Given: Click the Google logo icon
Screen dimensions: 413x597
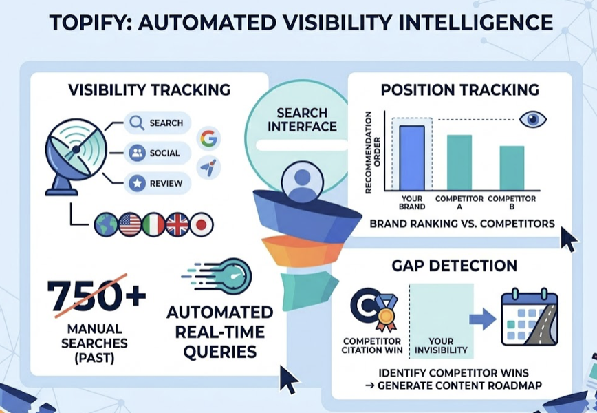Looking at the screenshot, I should click(208, 138).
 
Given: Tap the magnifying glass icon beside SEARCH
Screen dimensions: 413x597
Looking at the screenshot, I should click(137, 123).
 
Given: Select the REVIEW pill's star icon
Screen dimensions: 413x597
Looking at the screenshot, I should click(137, 183).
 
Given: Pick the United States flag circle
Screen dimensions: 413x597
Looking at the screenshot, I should click(130, 224).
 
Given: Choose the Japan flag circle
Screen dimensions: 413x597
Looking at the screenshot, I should click(202, 224).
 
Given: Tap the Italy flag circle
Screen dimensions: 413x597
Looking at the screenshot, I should click(153, 224).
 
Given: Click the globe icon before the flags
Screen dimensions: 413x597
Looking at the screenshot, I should click(106, 224).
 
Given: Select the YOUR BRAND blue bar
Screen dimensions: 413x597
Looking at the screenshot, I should click(412, 157).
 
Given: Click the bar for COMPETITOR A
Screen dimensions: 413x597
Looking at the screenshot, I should click(459, 162).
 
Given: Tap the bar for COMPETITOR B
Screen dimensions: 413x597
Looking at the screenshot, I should click(511, 167).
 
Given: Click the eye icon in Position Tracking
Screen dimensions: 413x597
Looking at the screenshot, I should click(532, 120).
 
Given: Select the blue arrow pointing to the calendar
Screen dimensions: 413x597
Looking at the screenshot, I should click(482, 319).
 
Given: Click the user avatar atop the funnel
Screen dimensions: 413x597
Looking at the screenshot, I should click(298, 181).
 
